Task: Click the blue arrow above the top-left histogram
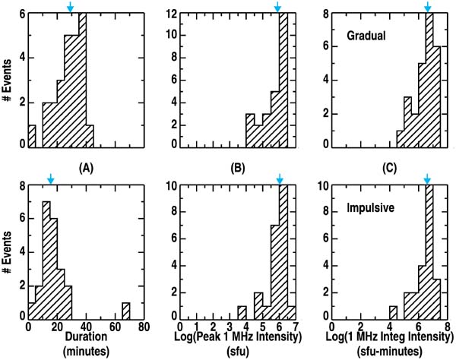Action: tap(71, 8)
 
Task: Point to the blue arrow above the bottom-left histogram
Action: tap(50, 178)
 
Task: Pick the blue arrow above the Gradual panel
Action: tap(428, 8)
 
